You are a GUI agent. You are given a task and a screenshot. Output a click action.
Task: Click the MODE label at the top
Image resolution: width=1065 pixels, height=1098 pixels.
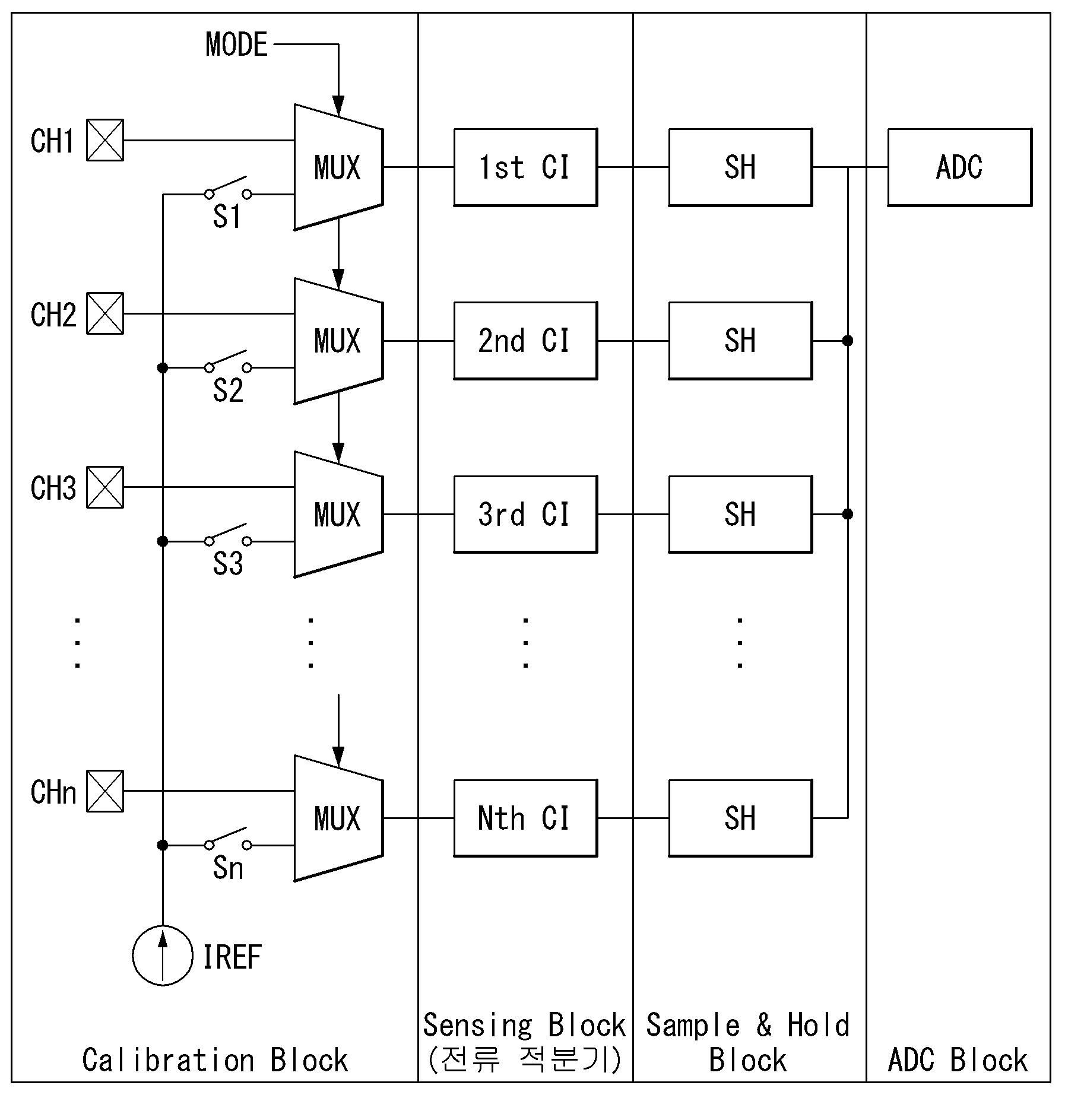click(236, 45)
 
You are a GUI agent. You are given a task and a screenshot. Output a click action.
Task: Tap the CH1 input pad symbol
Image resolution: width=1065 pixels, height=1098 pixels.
click(105, 140)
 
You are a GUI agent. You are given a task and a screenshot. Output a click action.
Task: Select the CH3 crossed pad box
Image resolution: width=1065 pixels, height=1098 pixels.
click(105, 487)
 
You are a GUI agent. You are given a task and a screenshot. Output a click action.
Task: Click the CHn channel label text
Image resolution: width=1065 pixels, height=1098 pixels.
click(53, 792)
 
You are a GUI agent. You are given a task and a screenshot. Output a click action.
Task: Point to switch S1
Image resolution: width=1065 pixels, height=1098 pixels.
click(227, 187)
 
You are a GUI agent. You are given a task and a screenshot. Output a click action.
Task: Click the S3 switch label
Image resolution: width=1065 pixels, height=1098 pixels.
click(228, 564)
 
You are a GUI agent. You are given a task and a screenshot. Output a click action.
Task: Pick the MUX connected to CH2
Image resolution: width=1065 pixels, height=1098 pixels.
click(339, 341)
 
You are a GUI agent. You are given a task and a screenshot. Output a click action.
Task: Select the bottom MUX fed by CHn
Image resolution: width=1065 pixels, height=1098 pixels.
click(339, 818)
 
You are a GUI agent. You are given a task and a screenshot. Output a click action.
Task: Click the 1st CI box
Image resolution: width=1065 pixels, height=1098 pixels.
click(525, 167)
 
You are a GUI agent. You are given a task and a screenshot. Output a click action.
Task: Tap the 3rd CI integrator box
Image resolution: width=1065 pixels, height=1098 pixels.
click(525, 514)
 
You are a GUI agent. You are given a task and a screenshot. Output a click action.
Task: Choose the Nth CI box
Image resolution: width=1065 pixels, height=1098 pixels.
click(525, 818)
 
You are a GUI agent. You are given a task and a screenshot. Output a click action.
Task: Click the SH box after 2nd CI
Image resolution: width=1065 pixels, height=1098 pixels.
click(740, 341)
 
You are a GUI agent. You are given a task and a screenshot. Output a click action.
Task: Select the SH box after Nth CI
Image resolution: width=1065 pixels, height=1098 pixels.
click(740, 818)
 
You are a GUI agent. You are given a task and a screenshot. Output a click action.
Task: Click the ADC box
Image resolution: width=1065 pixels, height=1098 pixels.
click(959, 167)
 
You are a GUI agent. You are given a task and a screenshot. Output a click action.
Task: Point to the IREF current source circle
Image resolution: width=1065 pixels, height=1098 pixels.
click(163, 956)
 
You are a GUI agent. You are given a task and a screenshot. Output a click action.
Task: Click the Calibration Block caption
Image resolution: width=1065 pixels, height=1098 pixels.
click(215, 1060)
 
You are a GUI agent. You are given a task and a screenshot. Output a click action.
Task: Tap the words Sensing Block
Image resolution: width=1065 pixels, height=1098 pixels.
click(524, 1025)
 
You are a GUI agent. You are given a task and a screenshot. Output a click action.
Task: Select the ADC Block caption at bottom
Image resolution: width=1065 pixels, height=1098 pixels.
click(958, 1060)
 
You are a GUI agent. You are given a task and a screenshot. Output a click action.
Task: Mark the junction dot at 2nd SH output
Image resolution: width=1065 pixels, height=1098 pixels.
click(848, 341)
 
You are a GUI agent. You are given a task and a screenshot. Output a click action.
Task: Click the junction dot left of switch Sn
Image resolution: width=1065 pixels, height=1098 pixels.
click(163, 845)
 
